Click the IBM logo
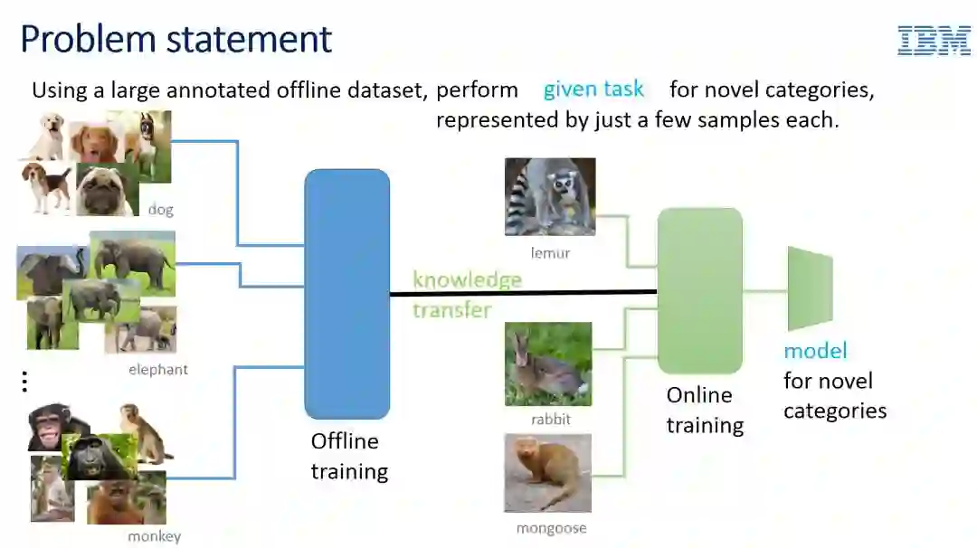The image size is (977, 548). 934,41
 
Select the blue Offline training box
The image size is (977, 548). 347,294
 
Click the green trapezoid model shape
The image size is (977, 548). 810,288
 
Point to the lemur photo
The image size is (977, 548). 550,197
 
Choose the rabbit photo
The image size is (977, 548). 548,364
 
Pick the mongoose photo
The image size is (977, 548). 547,473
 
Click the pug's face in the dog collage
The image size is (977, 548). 107,191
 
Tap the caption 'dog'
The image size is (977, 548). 160,210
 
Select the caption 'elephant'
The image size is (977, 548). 157,370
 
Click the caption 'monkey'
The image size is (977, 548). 154,536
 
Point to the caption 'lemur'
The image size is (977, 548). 550,253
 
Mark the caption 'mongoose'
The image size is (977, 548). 551,528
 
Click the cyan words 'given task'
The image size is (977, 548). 593,90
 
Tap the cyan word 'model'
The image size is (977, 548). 815,351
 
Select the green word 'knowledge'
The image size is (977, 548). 467,279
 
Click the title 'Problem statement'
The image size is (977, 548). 176,40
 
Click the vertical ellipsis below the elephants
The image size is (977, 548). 24,383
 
